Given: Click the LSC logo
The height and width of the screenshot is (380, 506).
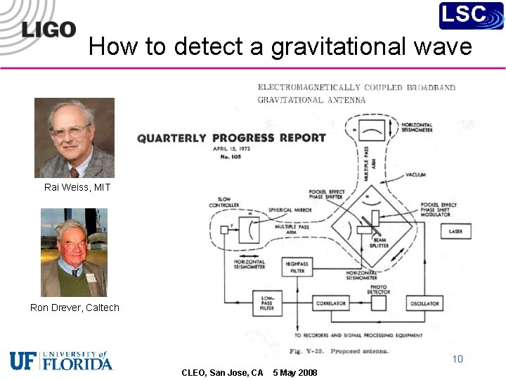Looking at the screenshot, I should (x=471, y=15).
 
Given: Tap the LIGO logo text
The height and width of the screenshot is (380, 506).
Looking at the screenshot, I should (x=48, y=30).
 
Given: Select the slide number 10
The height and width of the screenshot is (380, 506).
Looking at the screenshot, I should (x=458, y=359).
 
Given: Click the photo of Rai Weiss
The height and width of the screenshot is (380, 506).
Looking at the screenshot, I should (x=74, y=137).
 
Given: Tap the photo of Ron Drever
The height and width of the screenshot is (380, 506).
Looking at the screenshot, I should (x=74, y=252).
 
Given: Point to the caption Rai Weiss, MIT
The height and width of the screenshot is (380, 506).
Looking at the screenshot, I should (x=77, y=187).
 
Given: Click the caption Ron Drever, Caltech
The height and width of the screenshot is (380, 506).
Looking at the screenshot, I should (x=74, y=308).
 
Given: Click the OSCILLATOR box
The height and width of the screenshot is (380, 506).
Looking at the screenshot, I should (x=424, y=303).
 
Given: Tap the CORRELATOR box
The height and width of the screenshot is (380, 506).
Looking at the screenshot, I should (x=331, y=303).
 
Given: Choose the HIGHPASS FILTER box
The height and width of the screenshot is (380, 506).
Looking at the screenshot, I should (x=297, y=267).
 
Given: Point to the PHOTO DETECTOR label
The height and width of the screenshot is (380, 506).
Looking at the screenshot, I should (x=379, y=289).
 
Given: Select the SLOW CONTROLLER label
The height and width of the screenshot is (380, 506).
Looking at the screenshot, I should (x=224, y=202).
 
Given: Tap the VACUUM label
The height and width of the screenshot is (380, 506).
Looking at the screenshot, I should (x=415, y=175).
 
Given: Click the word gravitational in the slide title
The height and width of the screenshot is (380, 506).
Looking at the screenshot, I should (x=332, y=46).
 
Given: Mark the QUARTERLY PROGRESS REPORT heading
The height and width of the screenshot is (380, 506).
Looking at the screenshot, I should (x=231, y=138).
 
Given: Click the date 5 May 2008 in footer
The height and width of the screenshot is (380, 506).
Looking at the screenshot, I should (x=294, y=372).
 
